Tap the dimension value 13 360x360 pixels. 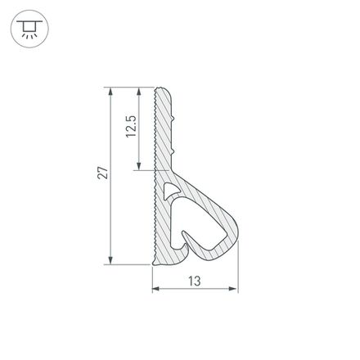coord(195,281)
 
